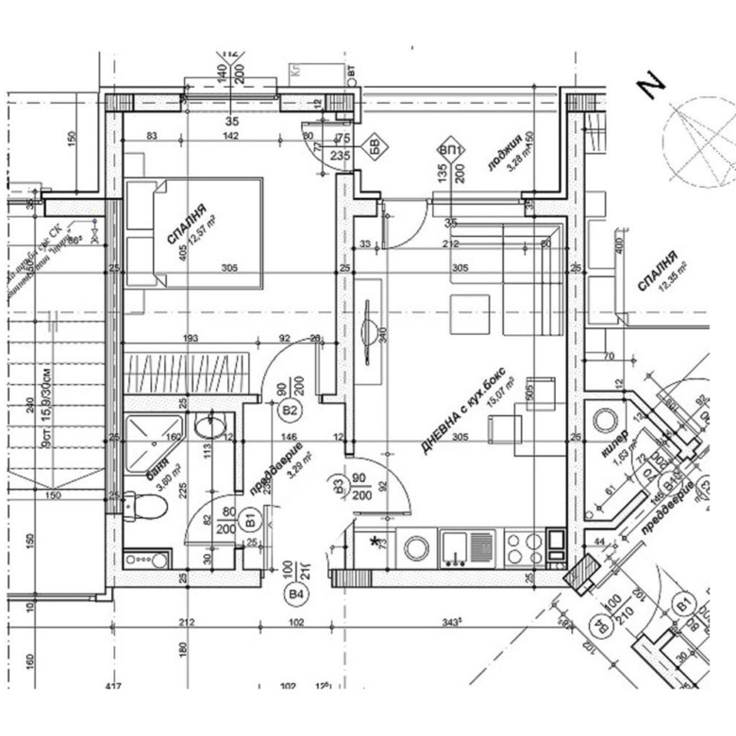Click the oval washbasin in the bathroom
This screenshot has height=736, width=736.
210,430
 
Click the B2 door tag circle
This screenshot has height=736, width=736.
290,410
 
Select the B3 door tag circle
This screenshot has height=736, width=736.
340,486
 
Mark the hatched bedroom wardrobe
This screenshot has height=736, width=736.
187,369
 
